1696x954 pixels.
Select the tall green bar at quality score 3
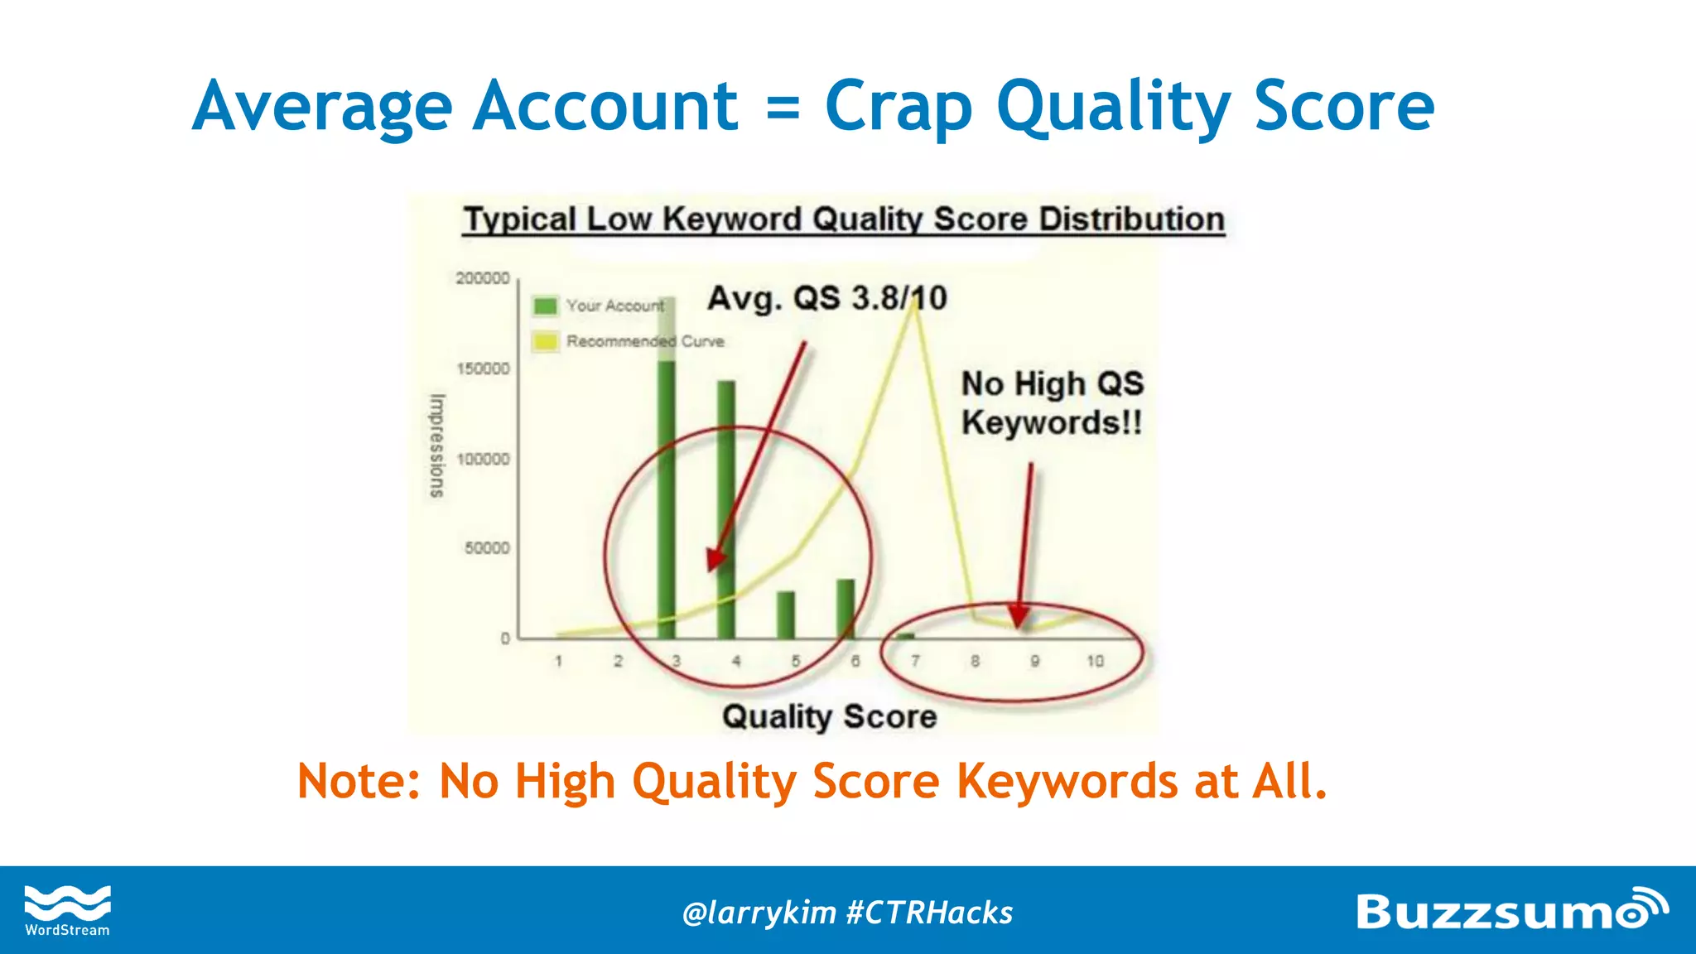click(667, 464)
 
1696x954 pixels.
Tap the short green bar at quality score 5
click(786, 615)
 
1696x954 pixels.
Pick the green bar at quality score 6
click(846, 609)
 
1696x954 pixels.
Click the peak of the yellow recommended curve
click(915, 305)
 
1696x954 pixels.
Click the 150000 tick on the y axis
click(483, 369)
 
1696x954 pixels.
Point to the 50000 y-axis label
click(487, 548)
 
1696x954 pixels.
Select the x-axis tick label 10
click(1095, 661)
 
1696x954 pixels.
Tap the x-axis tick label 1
click(559, 661)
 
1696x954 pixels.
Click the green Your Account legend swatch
click(546, 306)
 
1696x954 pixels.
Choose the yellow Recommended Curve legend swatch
click(546, 341)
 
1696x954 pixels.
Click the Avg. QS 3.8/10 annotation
click(826, 298)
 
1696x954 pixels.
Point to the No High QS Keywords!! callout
click(1052, 403)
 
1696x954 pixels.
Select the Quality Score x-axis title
click(829, 716)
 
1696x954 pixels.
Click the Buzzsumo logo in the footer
click(1510, 911)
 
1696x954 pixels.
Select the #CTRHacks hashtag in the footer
click(929, 913)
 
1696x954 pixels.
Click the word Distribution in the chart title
click(1131, 219)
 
